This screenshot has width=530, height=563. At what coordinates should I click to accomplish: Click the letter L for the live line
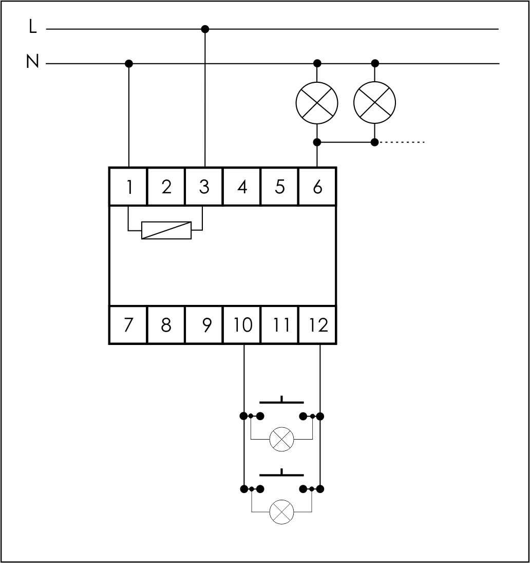[x=33, y=27]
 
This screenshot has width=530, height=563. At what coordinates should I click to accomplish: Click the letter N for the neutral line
[x=32, y=62]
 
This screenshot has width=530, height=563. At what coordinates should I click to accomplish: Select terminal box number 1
[x=128, y=187]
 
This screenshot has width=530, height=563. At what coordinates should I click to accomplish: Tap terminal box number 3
[x=204, y=187]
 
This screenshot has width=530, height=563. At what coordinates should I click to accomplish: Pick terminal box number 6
[x=317, y=187]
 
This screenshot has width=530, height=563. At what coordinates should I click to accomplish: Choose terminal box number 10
[x=242, y=325]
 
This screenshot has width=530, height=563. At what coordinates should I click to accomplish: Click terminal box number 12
[x=318, y=325]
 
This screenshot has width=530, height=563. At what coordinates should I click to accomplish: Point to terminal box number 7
[x=128, y=325]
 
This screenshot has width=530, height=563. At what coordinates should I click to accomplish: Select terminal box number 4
[x=242, y=187]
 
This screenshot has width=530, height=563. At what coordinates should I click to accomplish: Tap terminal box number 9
[x=205, y=325]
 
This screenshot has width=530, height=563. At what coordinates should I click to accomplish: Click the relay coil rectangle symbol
[x=166, y=230]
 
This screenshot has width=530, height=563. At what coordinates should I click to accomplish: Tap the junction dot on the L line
[x=205, y=29]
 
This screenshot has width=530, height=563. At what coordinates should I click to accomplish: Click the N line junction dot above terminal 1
[x=129, y=63]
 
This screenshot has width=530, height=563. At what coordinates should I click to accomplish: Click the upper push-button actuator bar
[x=281, y=402]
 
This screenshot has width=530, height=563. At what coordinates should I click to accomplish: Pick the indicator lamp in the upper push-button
[x=281, y=439]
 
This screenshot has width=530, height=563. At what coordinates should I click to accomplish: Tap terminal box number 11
[x=280, y=325]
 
